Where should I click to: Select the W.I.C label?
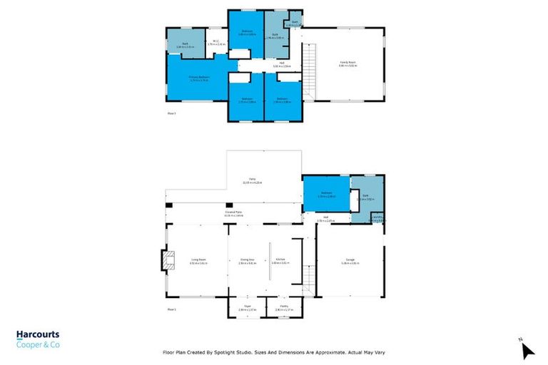215,43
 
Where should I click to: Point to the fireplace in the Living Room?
166,261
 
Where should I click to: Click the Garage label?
350,262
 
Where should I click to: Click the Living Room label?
198,261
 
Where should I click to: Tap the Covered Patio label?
233,212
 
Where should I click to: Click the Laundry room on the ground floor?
377,218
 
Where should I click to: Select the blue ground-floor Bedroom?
326,194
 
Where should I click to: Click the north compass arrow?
527,351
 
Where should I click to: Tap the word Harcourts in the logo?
38,334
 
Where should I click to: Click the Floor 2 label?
171,113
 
